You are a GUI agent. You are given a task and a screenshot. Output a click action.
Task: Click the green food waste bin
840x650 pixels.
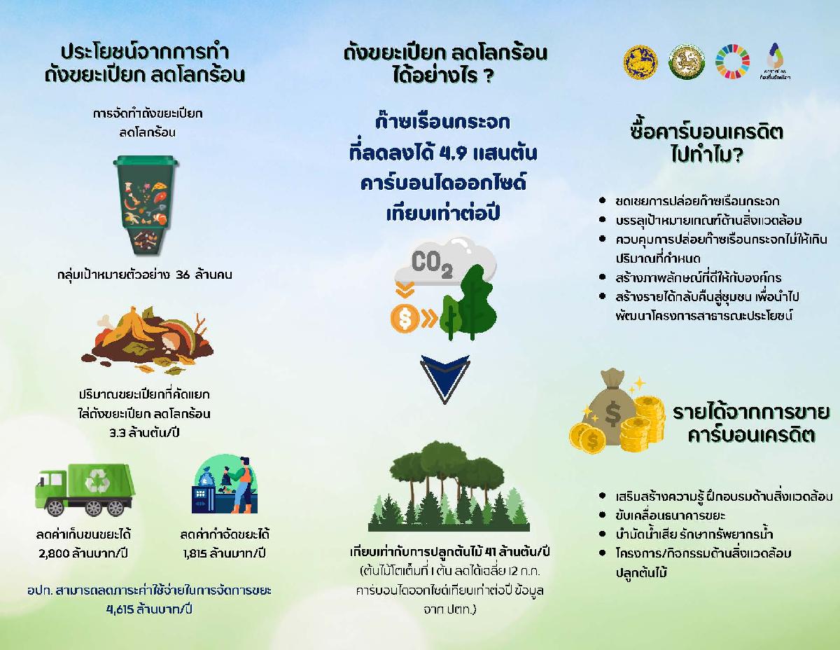(x=146, y=205)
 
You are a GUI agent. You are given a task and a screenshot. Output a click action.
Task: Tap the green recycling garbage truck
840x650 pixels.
(x=85, y=490)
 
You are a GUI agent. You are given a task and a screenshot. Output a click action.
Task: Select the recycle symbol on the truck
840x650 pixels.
(x=97, y=480)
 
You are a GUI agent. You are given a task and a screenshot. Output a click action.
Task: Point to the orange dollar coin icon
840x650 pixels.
(x=405, y=319)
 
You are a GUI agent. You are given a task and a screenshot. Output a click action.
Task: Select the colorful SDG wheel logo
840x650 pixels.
(x=732, y=62)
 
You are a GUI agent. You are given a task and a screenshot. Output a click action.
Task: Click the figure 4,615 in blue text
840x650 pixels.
(x=120, y=609)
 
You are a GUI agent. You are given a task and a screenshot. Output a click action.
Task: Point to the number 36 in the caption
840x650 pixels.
(x=183, y=275)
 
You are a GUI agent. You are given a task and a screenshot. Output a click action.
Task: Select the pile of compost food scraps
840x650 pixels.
(x=147, y=340)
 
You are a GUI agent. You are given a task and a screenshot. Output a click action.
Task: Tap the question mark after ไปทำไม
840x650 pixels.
(x=736, y=155)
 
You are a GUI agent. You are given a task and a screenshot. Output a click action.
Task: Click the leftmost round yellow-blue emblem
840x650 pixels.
(x=640, y=62)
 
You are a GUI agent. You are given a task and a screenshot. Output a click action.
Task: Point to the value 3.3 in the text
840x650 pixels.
(x=117, y=433)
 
